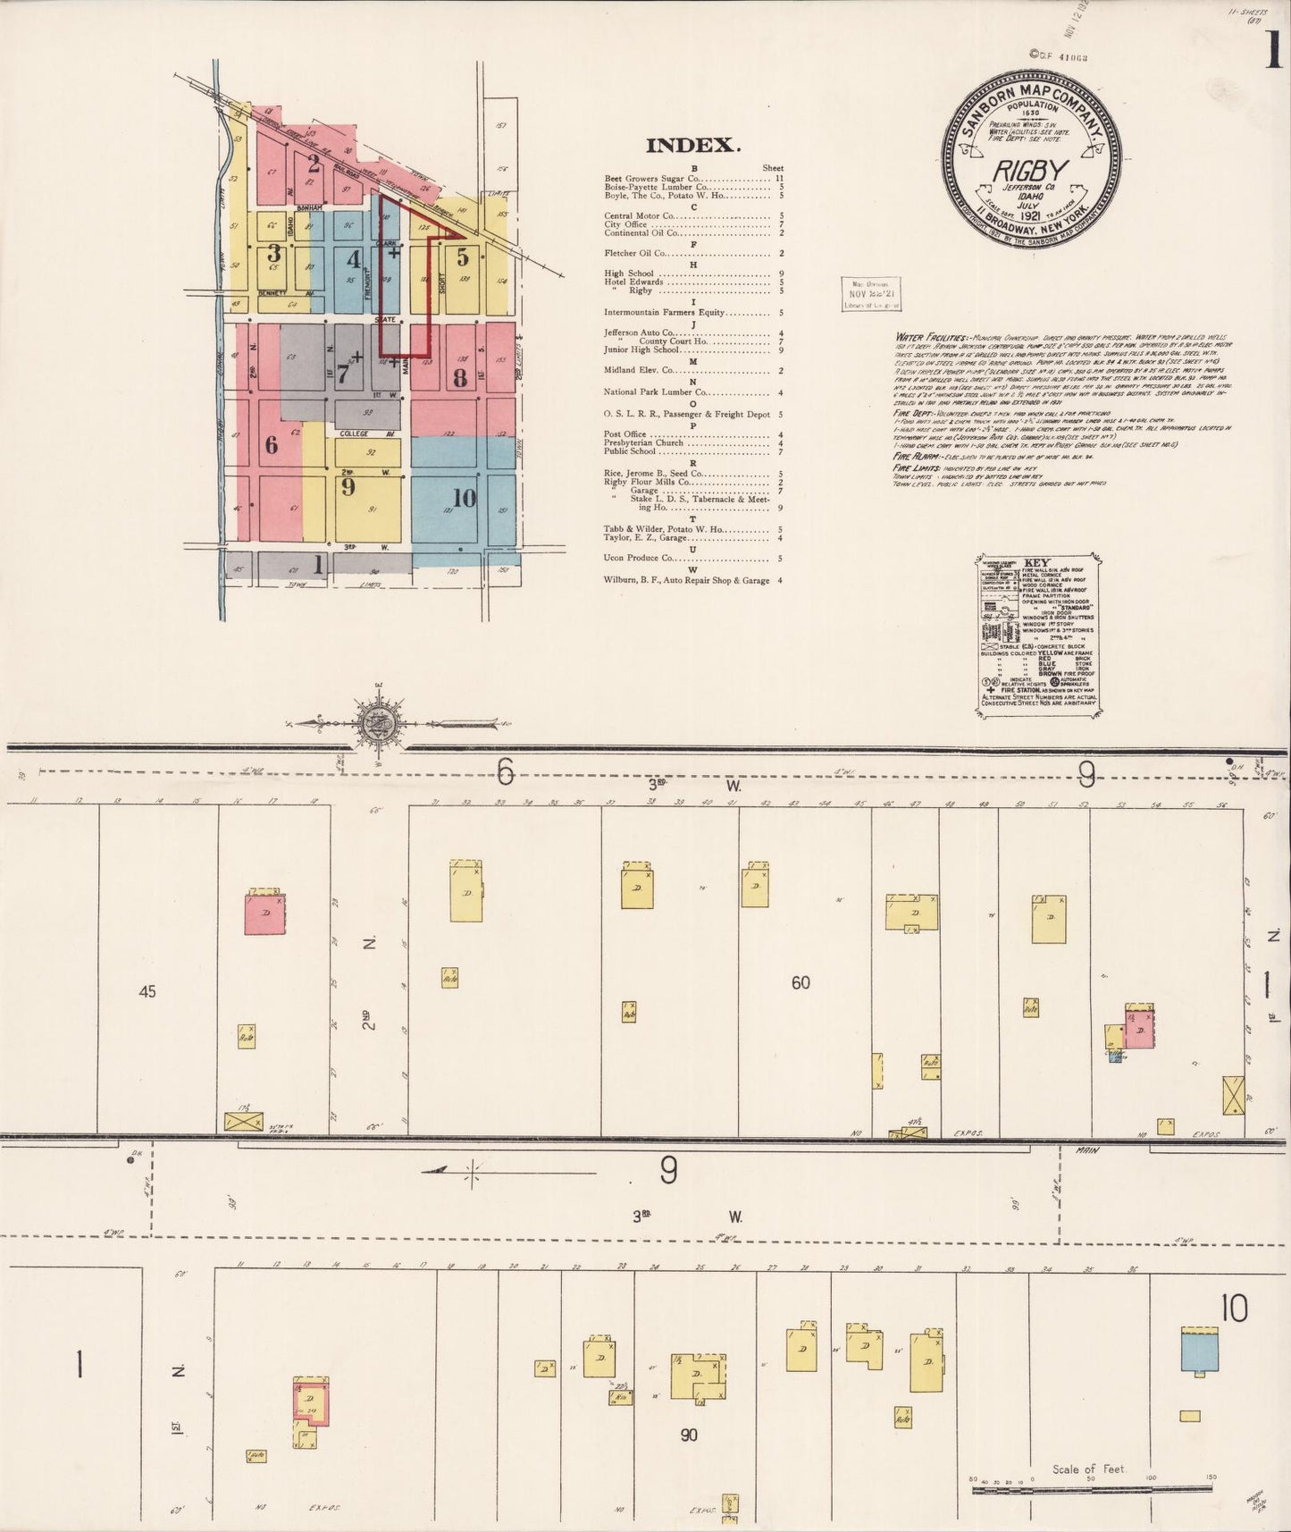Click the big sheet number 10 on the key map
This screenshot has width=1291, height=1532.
464,499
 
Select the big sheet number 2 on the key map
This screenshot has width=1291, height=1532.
313,164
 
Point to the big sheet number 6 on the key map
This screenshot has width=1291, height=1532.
271,444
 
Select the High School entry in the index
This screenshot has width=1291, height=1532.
629,274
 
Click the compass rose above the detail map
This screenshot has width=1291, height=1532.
372,721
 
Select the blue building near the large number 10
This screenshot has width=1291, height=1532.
1199,1349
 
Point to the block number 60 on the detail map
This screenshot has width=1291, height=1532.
801,982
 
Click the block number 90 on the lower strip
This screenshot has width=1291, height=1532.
688,1435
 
